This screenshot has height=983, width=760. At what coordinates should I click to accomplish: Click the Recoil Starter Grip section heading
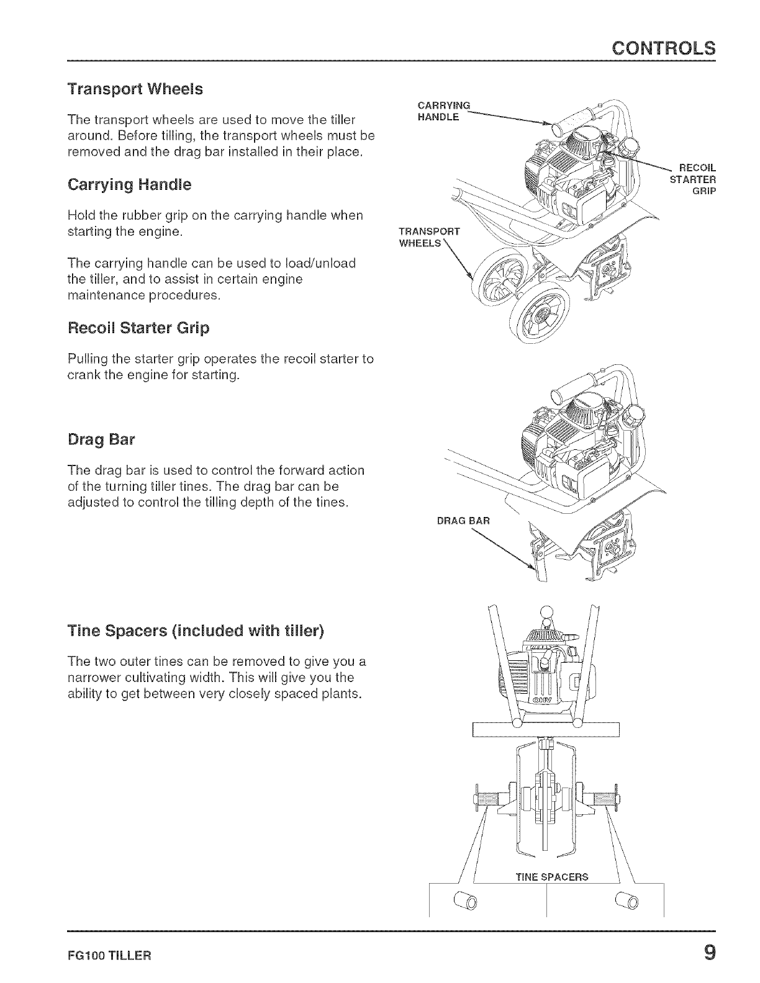coord(138,328)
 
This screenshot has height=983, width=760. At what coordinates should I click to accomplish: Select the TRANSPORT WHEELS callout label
coord(428,236)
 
